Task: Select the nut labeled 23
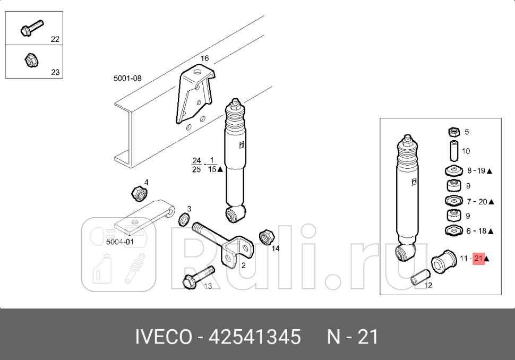tap(31, 61)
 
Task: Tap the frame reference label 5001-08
tap(127, 78)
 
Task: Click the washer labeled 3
tap(184, 218)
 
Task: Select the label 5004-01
tap(119, 242)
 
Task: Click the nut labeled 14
tap(265, 236)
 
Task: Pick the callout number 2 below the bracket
tap(243, 265)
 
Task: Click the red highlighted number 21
tap(478, 259)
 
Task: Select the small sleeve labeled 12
tap(419, 277)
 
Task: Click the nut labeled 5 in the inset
tap(454, 132)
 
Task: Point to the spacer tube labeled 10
tap(454, 151)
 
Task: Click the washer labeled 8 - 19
tap(453, 171)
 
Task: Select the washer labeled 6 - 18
tap(453, 231)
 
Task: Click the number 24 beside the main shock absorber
tap(196, 160)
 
